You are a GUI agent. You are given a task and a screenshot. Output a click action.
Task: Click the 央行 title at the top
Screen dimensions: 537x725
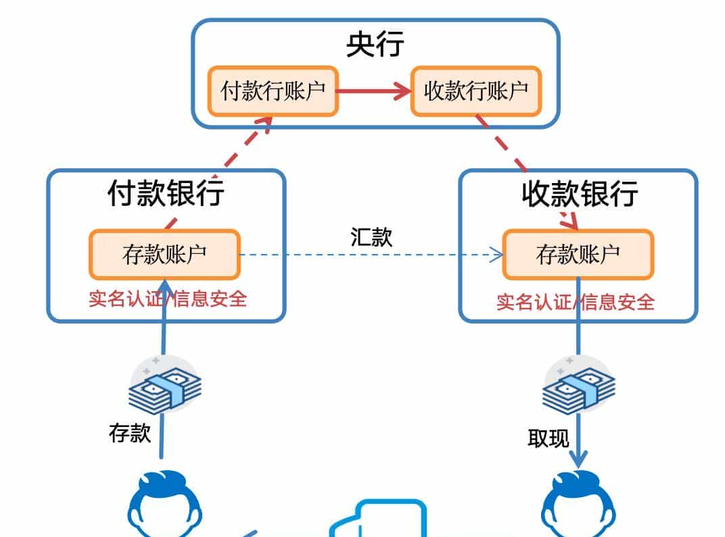[375, 45]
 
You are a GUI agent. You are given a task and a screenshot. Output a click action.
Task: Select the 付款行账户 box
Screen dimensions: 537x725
[273, 91]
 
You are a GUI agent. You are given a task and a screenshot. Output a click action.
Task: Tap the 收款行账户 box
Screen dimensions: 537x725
[476, 91]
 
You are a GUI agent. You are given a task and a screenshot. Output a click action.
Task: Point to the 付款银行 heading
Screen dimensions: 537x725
[166, 194]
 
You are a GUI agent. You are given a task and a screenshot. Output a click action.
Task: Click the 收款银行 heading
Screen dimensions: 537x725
[579, 194]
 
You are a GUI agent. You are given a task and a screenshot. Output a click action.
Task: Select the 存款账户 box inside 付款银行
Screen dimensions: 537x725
[164, 255]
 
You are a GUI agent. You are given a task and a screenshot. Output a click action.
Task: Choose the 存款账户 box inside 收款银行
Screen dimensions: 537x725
[578, 255]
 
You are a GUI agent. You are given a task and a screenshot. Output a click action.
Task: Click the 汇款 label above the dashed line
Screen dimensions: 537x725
[371, 237]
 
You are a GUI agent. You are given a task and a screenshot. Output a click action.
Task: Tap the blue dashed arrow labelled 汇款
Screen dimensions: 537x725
[371, 255]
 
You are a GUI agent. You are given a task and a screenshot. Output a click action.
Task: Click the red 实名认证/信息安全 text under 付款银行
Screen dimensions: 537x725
[168, 299]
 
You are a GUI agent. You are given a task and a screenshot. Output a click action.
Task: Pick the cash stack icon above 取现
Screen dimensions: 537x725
[579, 388]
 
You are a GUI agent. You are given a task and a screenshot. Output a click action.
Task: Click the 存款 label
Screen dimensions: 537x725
[130, 433]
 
